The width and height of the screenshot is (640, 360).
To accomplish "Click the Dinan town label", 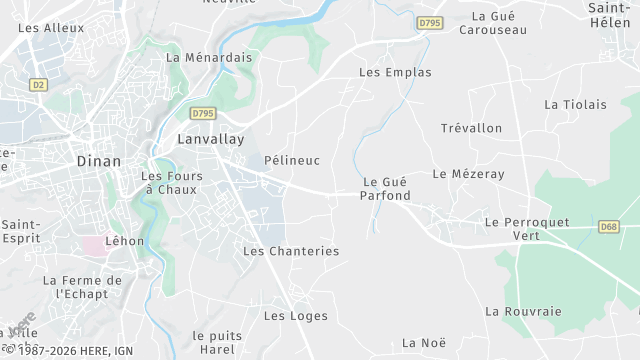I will pyautogui.click(x=99, y=161).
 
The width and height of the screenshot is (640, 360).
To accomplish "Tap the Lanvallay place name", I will pyautogui.click(x=210, y=140).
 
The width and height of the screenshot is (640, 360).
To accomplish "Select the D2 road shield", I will pyautogui.click(x=39, y=85).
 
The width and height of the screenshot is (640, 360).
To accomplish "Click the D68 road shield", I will pyautogui.click(x=609, y=227).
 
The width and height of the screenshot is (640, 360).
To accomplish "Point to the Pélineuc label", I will pyautogui.click(x=292, y=160).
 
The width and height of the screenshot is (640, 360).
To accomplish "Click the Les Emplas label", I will pyautogui.click(x=395, y=73).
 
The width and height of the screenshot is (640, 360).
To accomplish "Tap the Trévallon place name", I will pyautogui.click(x=471, y=128).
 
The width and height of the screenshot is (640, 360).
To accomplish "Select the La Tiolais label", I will pyautogui.click(x=575, y=104).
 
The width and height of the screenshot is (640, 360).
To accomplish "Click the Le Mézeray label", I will pyautogui.click(x=469, y=173).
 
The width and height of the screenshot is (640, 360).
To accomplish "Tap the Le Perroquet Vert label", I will pyautogui.click(x=526, y=228).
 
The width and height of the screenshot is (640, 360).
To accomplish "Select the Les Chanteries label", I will pyautogui.click(x=291, y=251).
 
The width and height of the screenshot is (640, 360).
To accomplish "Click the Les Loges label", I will pyautogui.click(x=288, y=316).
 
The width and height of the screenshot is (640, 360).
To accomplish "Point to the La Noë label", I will pyautogui.click(x=423, y=343).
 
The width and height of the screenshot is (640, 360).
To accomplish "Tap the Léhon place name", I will pyautogui.click(x=125, y=241).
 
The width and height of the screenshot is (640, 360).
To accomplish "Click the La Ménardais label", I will pyautogui.click(x=209, y=58).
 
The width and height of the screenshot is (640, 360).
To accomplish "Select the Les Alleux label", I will pyautogui.click(x=51, y=29).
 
